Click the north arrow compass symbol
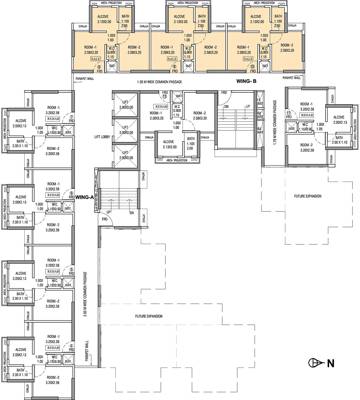pos(318,364)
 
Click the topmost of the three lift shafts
pos(124,107)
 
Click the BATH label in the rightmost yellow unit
pos(266,18)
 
